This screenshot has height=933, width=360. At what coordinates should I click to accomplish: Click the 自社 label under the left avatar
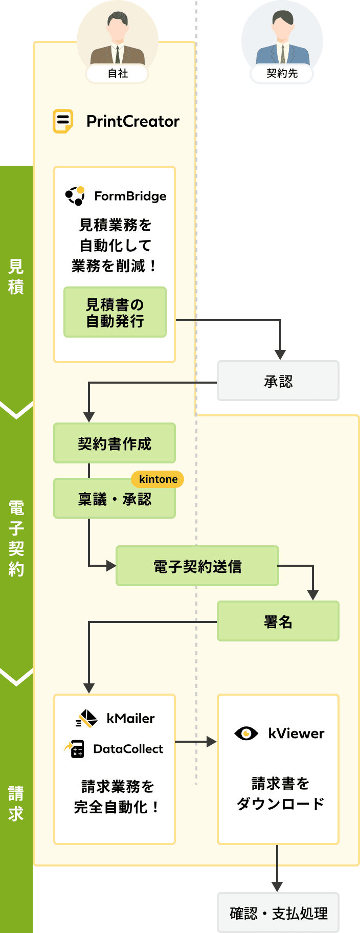(118, 74)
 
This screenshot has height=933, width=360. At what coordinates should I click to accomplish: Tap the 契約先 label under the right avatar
(282, 74)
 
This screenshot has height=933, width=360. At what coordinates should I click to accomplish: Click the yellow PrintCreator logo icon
(63, 121)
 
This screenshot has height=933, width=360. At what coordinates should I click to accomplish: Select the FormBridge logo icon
(75, 196)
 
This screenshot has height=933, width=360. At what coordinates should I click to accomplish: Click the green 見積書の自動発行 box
(115, 312)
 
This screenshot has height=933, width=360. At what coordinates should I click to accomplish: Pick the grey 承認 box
(278, 381)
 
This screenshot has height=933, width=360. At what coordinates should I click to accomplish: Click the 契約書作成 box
(115, 443)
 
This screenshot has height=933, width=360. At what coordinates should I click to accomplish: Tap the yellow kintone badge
(158, 479)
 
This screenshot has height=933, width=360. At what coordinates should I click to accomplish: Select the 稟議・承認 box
(115, 499)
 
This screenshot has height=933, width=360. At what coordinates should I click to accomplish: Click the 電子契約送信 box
(197, 566)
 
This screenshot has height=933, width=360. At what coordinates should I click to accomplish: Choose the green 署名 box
(278, 621)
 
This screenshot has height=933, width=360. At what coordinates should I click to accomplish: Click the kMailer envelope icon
(86, 719)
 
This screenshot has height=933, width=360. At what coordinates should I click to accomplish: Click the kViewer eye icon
(246, 734)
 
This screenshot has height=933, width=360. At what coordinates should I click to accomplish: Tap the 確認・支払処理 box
(278, 913)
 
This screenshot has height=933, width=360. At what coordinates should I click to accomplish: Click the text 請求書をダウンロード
(280, 793)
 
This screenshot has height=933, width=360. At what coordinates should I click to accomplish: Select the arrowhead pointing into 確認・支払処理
(277, 886)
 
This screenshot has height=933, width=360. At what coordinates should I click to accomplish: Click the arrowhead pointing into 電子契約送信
(111, 566)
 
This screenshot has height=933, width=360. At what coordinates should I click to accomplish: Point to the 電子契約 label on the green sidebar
(16, 538)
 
